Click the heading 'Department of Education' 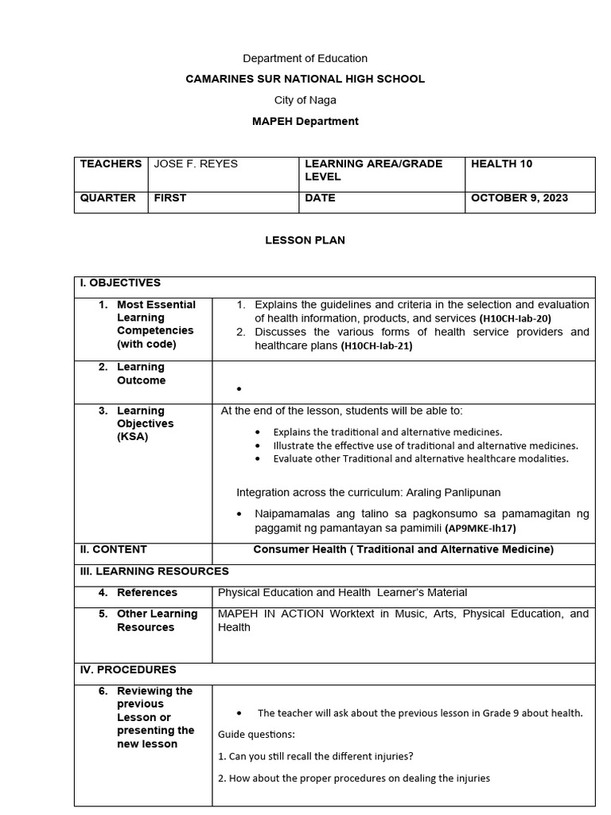click(x=305, y=58)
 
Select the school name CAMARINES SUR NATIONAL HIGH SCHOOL click(x=305, y=79)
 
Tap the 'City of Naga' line click(x=305, y=100)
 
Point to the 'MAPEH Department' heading click(x=305, y=121)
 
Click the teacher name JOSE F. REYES click(x=196, y=164)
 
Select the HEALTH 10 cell click(x=502, y=164)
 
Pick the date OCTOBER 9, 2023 click(x=520, y=198)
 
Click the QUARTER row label click(x=108, y=198)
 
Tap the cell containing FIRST click(x=170, y=198)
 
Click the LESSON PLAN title click(x=305, y=240)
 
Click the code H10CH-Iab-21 click(x=377, y=346)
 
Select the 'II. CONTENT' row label click(x=113, y=549)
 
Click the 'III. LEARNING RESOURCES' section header click(x=154, y=571)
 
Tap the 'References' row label click(x=147, y=592)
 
